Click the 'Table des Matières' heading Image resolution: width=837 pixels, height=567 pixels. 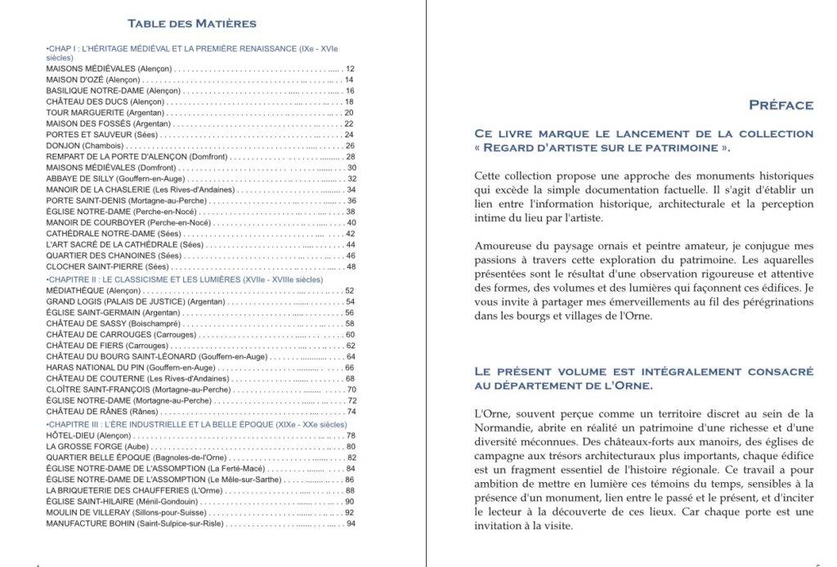192,23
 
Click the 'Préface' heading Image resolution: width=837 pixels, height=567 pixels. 781,105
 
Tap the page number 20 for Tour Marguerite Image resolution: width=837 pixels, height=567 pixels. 349,113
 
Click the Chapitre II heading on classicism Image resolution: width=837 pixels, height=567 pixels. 184,279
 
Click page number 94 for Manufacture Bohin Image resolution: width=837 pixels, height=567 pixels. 350,524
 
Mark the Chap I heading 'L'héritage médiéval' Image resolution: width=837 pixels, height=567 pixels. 184,49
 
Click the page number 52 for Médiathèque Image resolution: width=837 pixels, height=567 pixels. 350,291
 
